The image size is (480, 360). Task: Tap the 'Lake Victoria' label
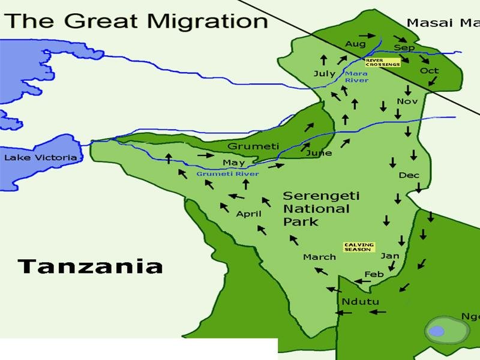[x=41, y=158]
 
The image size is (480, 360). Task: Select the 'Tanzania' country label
[x=90, y=266]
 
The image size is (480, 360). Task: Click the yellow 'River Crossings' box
[x=383, y=62]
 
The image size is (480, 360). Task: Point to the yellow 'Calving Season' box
[x=359, y=247]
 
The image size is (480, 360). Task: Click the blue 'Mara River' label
[x=356, y=77]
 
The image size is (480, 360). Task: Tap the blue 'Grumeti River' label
[x=227, y=174]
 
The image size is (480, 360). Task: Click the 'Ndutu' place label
[x=358, y=301]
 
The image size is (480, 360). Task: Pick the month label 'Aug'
[x=355, y=44]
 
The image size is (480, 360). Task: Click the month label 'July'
[x=325, y=74]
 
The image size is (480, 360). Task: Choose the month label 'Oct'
[x=429, y=70]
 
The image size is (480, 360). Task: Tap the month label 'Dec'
[x=409, y=175]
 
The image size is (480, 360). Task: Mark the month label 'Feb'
[x=374, y=274]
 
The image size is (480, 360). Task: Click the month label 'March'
[x=319, y=257]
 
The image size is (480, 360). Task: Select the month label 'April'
[x=248, y=214]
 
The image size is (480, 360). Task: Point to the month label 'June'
[x=319, y=153]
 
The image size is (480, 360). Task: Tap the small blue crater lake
[x=437, y=331]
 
